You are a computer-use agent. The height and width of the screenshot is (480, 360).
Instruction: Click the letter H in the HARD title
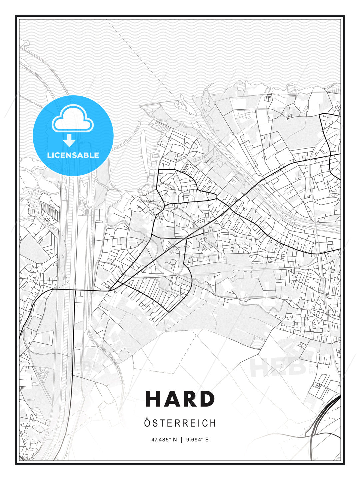[x=154, y=399]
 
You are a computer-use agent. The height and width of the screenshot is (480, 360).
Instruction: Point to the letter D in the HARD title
[x=207, y=399]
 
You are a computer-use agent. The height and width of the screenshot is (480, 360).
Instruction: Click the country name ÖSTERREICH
[x=180, y=423]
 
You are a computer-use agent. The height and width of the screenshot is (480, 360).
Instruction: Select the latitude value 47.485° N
[x=164, y=440]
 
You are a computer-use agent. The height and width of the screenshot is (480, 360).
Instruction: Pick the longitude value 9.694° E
[x=197, y=440]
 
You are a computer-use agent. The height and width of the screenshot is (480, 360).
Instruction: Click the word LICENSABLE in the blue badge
[x=73, y=155]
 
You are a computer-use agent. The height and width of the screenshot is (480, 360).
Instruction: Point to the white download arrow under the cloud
[x=69, y=141]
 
